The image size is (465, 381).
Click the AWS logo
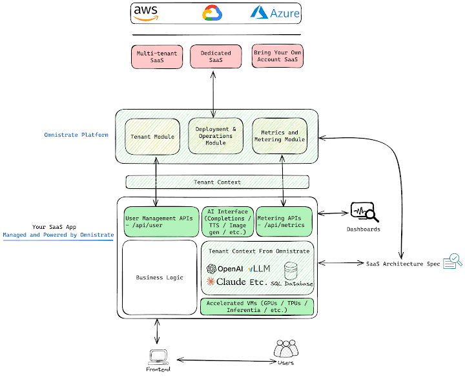pos(147,13)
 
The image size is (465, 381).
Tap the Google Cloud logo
pos(212,13)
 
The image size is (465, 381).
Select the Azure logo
pos(276,12)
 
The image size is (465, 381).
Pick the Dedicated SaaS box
pos(216,56)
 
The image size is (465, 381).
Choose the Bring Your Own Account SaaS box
pos(278,56)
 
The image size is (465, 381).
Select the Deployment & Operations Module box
pos(216,136)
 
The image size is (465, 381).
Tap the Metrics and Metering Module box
pos(278,137)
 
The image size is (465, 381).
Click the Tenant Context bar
pos(217,182)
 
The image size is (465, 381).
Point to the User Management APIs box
pos(160,222)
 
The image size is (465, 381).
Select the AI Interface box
pos(227,222)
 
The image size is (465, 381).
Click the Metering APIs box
pos(284,222)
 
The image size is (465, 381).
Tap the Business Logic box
pos(160,277)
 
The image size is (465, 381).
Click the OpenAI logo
pos(224,268)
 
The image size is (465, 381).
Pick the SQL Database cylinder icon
pos(291,270)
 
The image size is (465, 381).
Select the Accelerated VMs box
pos(258,306)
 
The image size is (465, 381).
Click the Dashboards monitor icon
pos(363,212)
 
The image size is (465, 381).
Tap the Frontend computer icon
pos(158,356)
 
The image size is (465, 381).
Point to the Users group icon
pos(286,350)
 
